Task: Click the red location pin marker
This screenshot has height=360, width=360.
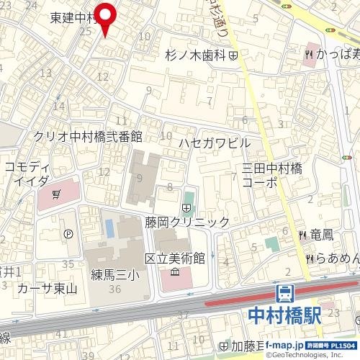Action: point(107,17)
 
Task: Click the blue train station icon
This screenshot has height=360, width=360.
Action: point(285,294)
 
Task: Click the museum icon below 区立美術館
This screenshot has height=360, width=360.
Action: point(175,273)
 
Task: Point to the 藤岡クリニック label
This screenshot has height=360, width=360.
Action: point(186,222)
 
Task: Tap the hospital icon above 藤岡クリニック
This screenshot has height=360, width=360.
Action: point(186,209)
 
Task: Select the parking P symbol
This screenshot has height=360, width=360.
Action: point(69,233)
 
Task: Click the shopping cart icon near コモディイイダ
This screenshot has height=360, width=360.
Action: point(56,193)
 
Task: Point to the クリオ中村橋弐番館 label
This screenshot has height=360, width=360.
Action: point(88,136)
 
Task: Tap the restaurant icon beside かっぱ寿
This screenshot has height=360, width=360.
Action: point(308,53)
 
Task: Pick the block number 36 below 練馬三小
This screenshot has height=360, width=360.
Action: point(114,289)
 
